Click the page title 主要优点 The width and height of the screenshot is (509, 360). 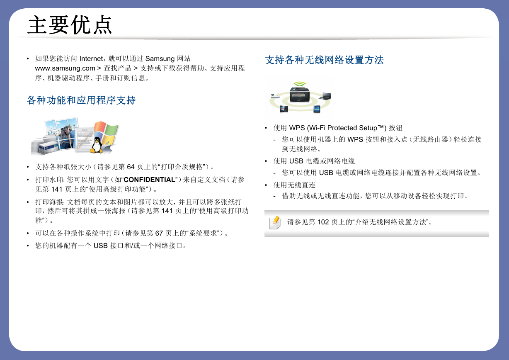pyautogui.click(x=70, y=25)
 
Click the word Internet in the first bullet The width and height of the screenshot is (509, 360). pyautogui.click(x=91, y=58)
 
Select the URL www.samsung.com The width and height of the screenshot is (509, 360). pyautogui.click(x=65, y=68)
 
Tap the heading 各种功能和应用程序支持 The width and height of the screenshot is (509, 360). pyautogui.click(x=81, y=100)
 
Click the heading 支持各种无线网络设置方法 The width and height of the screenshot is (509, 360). pyautogui.click(x=324, y=60)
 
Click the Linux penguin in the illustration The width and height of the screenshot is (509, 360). pyautogui.click(x=96, y=145)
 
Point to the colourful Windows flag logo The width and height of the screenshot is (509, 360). pyautogui.click(x=107, y=133)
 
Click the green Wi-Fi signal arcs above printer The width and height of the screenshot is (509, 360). pyautogui.click(x=300, y=84)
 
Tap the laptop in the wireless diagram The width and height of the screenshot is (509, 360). pyautogui.click(x=325, y=96)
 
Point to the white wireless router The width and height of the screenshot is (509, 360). pyautogui.click(x=275, y=96)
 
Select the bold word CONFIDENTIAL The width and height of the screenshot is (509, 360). pyautogui.click(x=149, y=180)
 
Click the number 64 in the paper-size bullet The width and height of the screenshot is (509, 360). pyautogui.click(x=131, y=167)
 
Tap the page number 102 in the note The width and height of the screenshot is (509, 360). pyautogui.click(x=323, y=222)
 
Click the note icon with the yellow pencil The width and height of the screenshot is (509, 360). pyautogui.click(x=275, y=223)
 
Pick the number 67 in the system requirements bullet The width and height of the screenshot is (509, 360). pyautogui.click(x=159, y=233)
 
